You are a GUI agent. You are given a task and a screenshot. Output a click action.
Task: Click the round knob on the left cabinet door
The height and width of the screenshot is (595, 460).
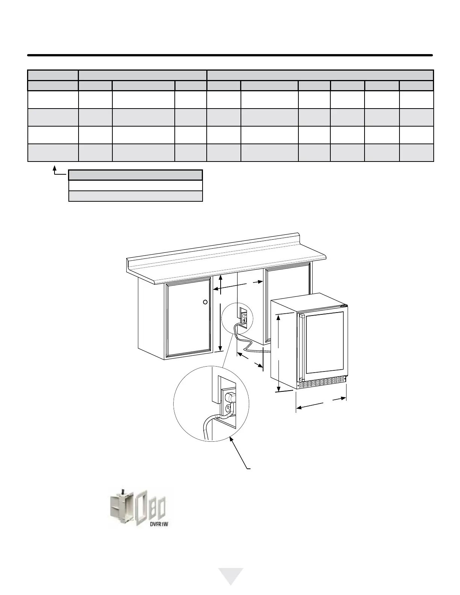tap(205, 302)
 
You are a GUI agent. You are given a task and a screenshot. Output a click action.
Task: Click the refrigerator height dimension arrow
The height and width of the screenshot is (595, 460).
tap(278, 353)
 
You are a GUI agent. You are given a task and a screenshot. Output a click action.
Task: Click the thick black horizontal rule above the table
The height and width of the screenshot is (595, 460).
tap(230, 55)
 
